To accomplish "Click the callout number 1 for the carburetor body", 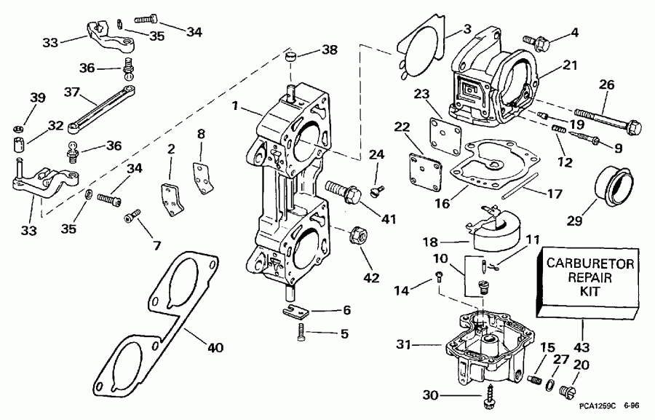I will [235, 106].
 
